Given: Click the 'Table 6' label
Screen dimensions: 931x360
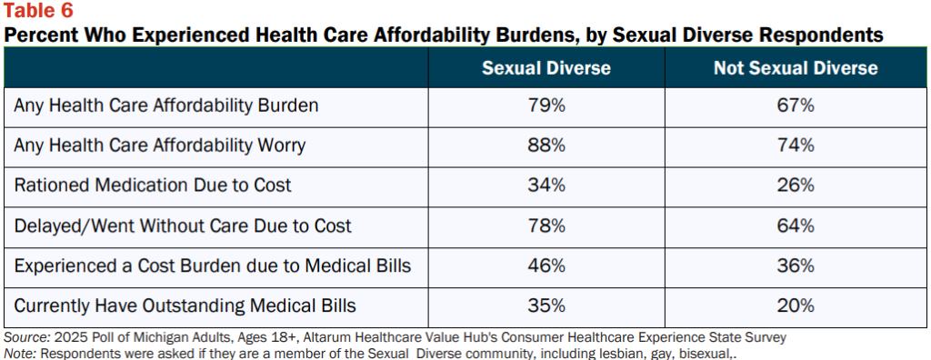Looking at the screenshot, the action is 39,11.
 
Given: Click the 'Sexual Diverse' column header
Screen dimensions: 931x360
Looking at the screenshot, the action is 546,68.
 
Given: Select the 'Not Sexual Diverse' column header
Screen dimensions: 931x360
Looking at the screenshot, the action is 796,68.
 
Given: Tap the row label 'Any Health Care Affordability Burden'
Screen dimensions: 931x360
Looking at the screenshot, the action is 166,105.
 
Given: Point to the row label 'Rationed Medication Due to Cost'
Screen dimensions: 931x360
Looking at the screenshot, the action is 153,185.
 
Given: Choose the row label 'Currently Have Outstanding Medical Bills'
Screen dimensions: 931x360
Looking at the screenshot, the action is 185,306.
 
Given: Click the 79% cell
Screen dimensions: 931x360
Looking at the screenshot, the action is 546,105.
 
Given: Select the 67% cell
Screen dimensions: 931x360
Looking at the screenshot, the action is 796,105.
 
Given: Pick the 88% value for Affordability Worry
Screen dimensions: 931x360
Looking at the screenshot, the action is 546,145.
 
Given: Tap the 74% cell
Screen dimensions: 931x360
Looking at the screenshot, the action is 796,145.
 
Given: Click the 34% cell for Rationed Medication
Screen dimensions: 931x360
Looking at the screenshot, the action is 546,185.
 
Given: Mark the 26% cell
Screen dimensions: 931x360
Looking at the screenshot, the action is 796,185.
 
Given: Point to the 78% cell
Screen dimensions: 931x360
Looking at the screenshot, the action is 546,225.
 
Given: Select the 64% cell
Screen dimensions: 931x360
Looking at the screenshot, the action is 796,225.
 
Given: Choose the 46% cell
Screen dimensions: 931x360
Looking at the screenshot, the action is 546,265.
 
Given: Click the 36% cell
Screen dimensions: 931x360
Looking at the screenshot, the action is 796,265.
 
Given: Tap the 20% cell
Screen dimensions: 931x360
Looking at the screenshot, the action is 796,306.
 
